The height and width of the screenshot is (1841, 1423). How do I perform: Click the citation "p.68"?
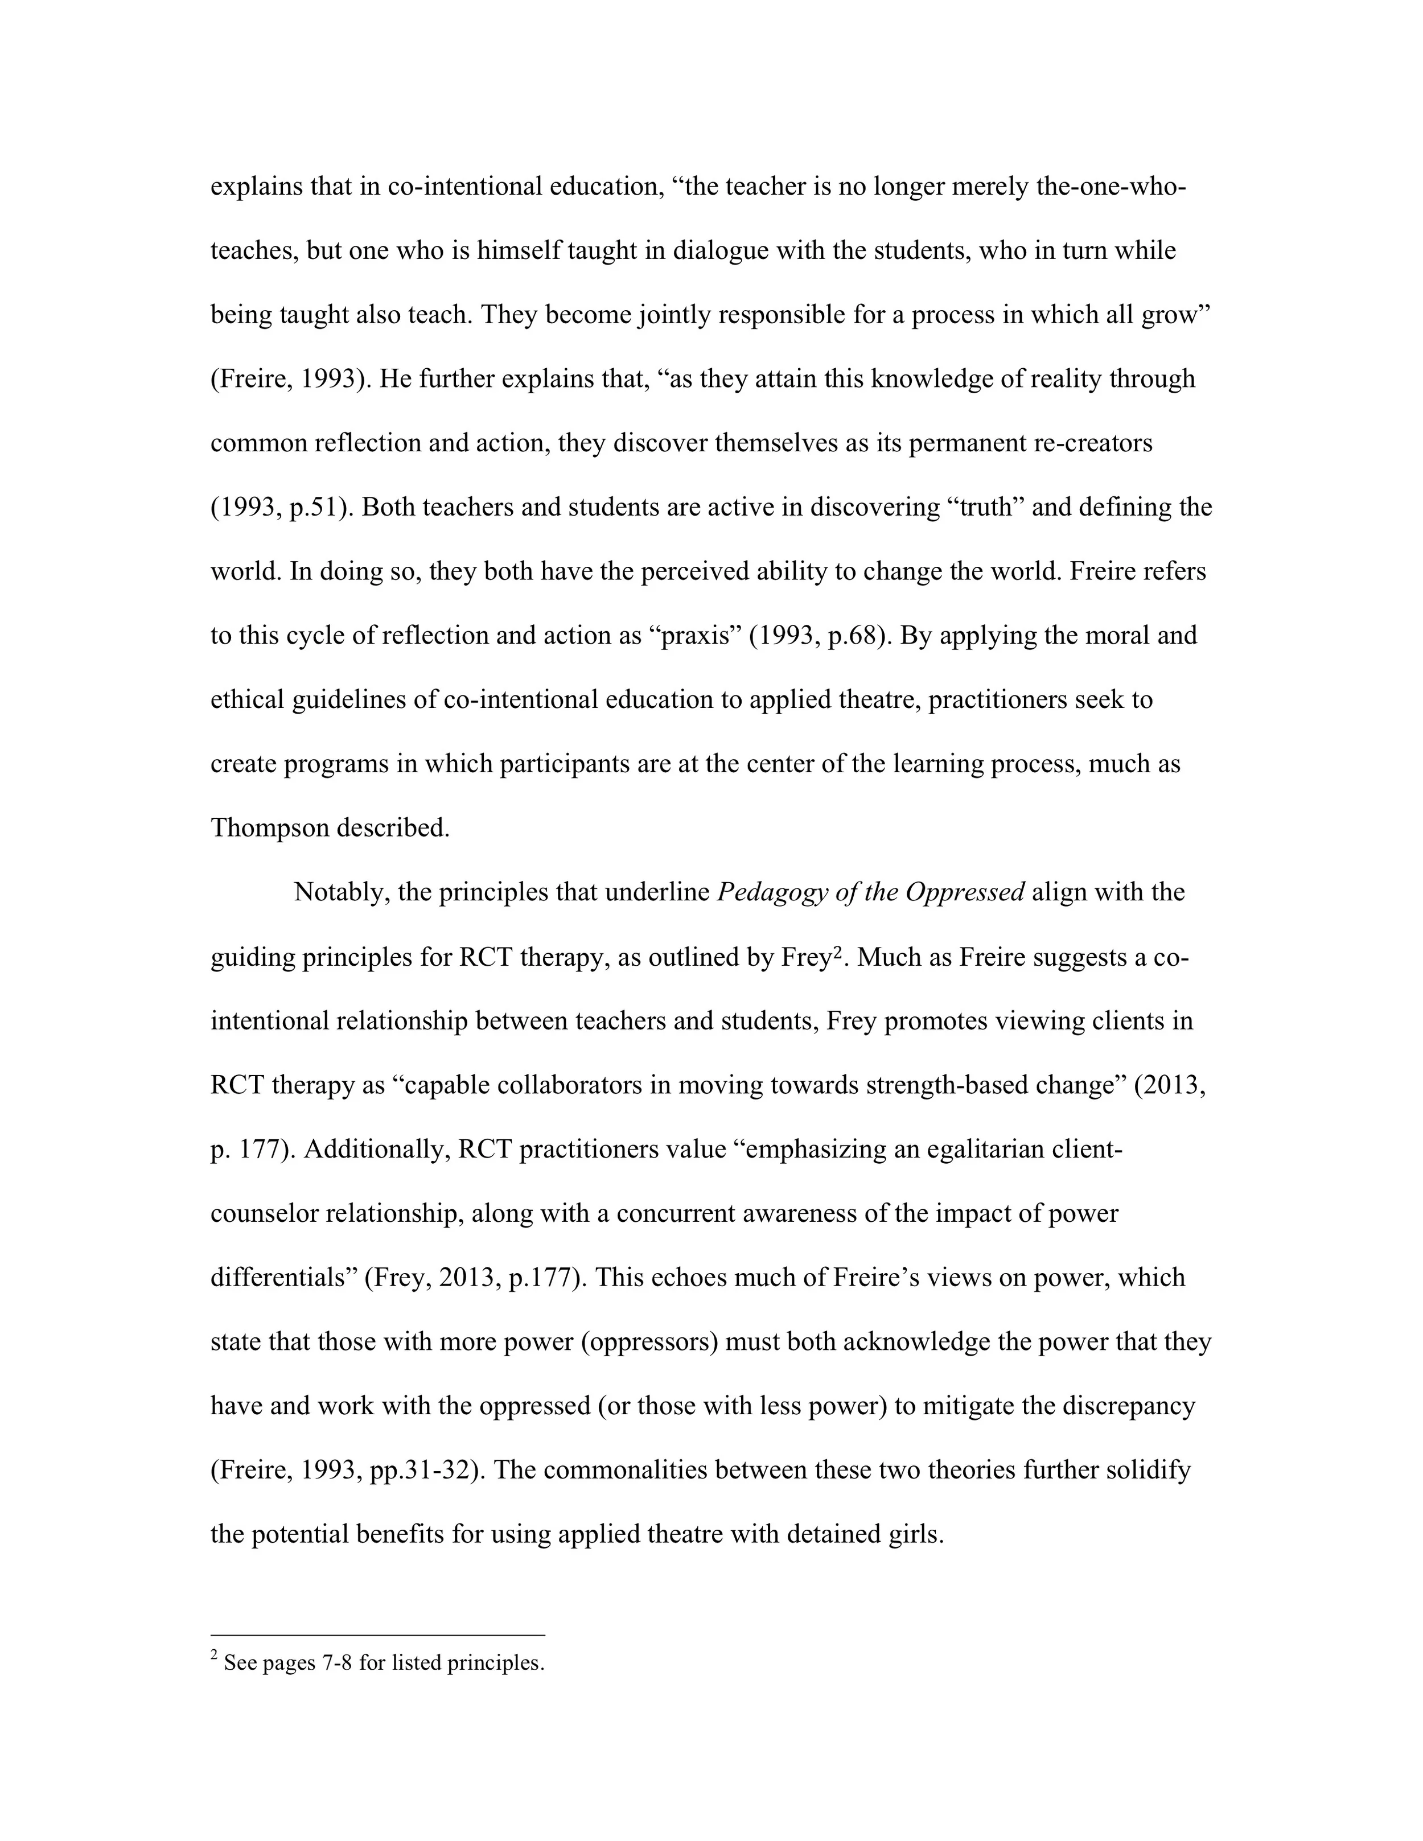[853, 636]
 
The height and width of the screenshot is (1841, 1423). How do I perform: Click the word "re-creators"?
[1092, 443]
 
